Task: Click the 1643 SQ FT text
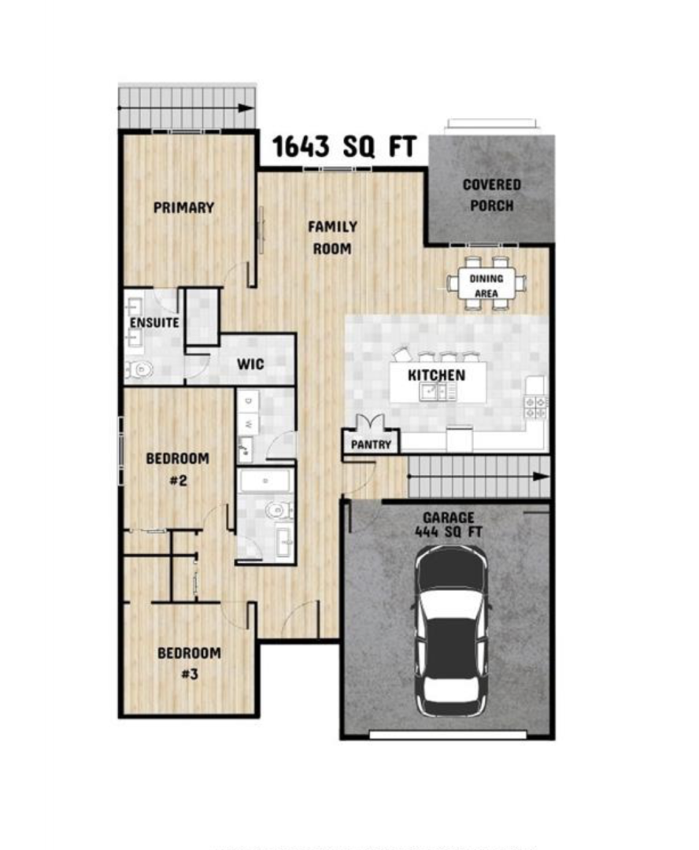tap(344, 146)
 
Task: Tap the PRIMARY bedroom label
tap(184, 208)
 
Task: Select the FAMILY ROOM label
tap(332, 238)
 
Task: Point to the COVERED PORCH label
tap(492, 195)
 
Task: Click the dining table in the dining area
tap(486, 285)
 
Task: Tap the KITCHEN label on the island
tap(437, 375)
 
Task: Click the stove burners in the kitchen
tap(536, 407)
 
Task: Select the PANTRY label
tap(371, 445)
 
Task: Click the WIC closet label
tap(250, 364)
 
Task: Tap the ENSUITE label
tap(154, 323)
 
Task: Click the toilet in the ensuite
tap(139, 370)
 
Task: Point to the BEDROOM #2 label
tap(177, 469)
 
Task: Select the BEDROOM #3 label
tap(189, 663)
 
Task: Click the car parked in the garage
tap(450, 631)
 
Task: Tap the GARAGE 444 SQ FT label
tap(448, 525)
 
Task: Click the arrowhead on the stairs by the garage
tap(541, 476)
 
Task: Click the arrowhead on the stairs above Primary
tap(246, 108)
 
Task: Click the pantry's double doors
tap(371, 423)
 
